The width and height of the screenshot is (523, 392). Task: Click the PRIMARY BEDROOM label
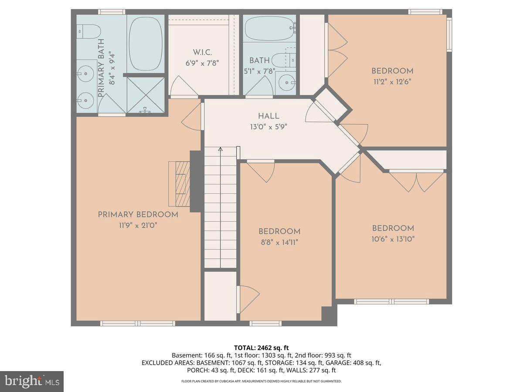click(138, 214)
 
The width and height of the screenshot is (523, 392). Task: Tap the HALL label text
click(268, 116)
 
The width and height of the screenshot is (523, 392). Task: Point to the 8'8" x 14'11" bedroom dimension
click(279, 242)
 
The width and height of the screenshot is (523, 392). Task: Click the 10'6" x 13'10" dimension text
click(393, 239)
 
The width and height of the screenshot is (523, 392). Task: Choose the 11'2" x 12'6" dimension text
click(392, 81)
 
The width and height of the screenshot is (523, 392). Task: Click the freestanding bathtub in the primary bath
click(146, 44)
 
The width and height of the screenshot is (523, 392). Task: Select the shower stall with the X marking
click(146, 95)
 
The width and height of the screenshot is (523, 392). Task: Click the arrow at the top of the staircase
click(221, 149)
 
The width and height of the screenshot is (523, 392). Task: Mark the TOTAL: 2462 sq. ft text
click(261, 348)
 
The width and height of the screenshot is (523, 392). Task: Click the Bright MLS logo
click(32, 381)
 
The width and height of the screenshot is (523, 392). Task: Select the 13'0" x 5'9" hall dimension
click(268, 127)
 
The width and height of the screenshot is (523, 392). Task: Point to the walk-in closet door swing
click(183, 87)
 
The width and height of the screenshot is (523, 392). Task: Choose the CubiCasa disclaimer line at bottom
click(261, 381)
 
